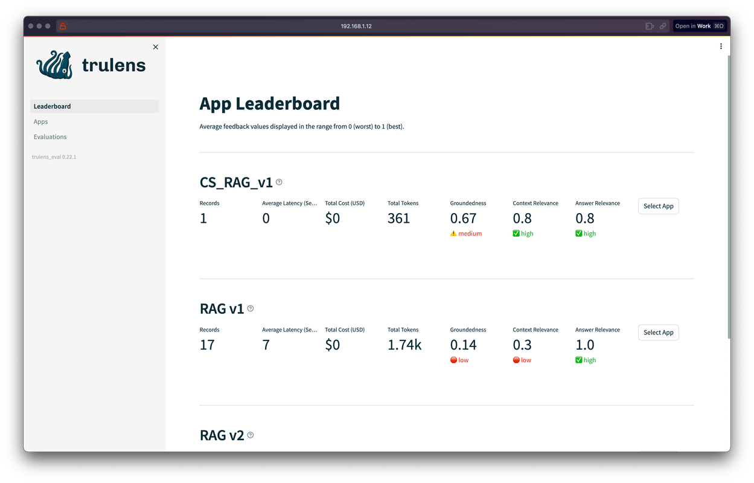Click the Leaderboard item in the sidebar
pos(53,106)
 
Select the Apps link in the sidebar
pos(41,122)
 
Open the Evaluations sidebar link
pos(50,137)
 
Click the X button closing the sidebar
pos(156,47)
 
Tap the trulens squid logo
pos(55,64)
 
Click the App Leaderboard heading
pos(269,104)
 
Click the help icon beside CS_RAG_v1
pos(279,182)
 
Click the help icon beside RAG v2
pos(251,435)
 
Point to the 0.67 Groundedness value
pos(463,219)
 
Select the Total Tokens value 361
pos(398,219)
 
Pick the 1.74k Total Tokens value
pos(404,345)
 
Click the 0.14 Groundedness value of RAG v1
pos(463,345)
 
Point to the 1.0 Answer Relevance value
pos(585,345)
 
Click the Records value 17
pos(207,345)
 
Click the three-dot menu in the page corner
pos(721,46)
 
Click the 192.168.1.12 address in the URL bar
pos(356,26)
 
